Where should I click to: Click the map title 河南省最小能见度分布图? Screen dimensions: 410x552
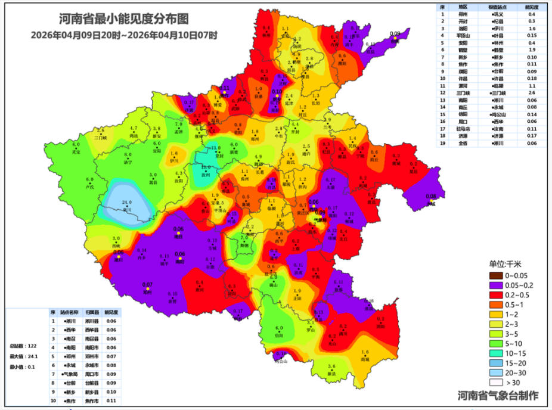coord(124,20)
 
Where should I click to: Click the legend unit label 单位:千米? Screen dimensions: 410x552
coord(508,264)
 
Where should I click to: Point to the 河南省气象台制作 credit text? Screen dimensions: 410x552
coord(498,396)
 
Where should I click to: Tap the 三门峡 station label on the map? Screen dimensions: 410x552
coord(101,136)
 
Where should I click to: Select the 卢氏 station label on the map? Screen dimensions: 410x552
coord(90,187)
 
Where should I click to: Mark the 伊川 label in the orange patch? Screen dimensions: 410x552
coord(174,160)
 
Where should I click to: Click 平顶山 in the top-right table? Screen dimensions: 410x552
coord(464,35)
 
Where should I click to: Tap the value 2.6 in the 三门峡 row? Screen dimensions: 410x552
coord(531,93)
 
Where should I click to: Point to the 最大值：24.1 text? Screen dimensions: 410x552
coord(22,356)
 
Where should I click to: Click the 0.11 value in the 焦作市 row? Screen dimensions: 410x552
coord(111,401)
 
